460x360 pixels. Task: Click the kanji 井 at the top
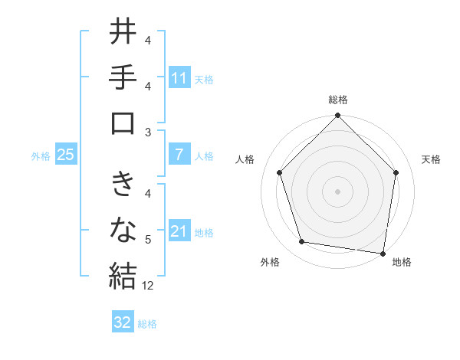click(123, 33)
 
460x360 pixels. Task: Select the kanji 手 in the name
click(123, 77)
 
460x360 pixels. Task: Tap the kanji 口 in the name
click(123, 123)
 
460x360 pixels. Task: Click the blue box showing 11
click(179, 78)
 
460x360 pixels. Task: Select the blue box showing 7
click(179, 155)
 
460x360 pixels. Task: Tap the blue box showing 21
click(179, 231)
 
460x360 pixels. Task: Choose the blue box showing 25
click(65, 155)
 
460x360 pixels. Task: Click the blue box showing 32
click(123, 322)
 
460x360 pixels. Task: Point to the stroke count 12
click(149, 286)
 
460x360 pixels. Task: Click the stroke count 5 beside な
click(148, 241)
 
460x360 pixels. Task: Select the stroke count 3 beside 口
click(148, 132)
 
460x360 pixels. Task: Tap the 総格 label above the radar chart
click(338, 100)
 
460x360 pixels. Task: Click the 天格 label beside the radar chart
click(432, 159)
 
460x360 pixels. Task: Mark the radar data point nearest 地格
click(383, 253)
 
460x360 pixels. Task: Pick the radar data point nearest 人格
click(280, 172)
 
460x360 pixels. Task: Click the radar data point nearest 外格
click(302, 242)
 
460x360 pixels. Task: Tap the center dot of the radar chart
click(338, 191)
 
